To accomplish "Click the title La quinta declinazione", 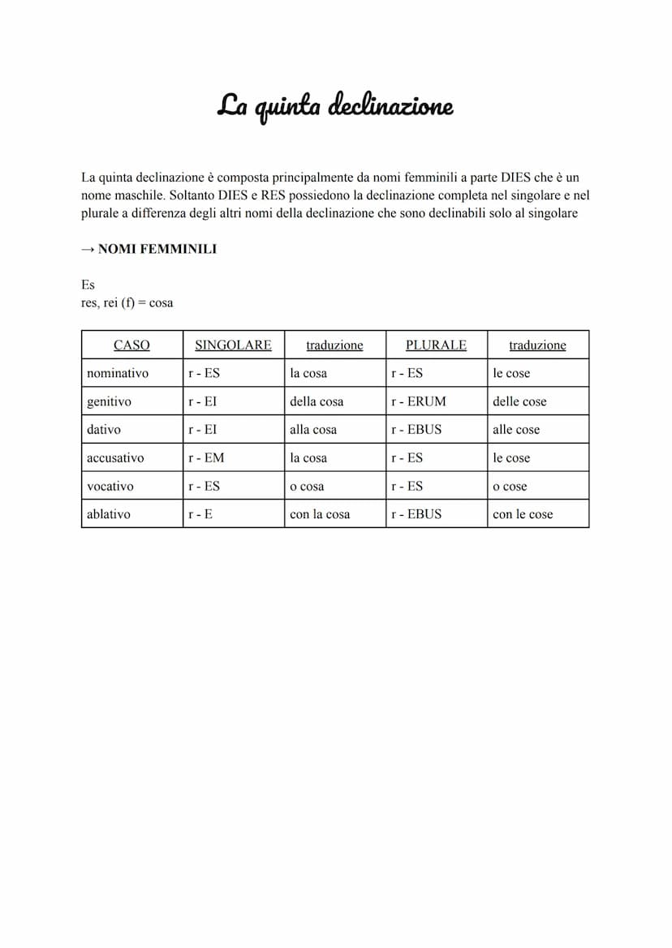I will [334, 106].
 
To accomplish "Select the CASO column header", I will [131, 345].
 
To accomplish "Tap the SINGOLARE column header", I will [233, 345].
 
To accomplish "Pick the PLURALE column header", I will [436, 345].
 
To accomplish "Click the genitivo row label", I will [109, 401].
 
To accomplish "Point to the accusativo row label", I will [115, 457].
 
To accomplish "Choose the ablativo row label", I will [108, 514].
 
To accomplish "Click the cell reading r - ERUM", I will [418, 401].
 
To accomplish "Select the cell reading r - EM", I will [206, 457].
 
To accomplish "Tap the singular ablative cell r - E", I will [200, 514].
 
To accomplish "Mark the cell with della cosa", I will [317, 401].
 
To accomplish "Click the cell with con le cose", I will [523, 514].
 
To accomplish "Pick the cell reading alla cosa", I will [313, 430].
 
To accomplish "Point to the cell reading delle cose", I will [519, 401].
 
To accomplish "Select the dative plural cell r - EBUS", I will [416, 430].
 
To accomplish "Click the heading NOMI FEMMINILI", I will [157, 250].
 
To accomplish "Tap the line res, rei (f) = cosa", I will [127, 303].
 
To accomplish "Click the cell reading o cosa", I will [307, 487].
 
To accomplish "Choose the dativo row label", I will [104, 430].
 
